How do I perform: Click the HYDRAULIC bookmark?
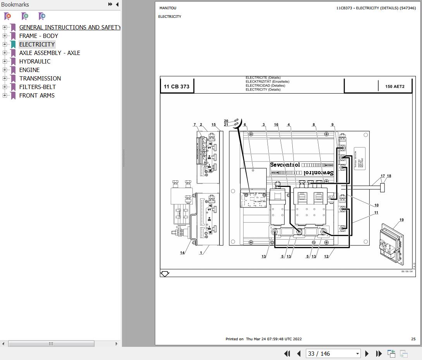pyautogui.click(x=35, y=61)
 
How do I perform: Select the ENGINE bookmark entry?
pyautogui.click(x=29, y=70)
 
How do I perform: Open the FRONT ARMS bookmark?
pyautogui.click(x=37, y=95)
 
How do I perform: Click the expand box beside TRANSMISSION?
pyautogui.click(x=5, y=78)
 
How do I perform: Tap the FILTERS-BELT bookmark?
pyautogui.click(x=38, y=87)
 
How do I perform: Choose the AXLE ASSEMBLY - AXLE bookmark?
pyautogui.click(x=50, y=53)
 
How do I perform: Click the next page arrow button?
pyautogui.click(x=367, y=353)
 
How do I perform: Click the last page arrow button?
pyautogui.click(x=379, y=353)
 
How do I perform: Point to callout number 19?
pyautogui.click(x=401, y=220)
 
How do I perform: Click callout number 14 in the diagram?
pyautogui.click(x=182, y=253)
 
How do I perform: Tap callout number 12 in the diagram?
pyautogui.click(x=326, y=256)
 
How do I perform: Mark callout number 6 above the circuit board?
pyautogui.click(x=245, y=125)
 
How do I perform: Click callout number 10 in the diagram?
pyautogui.click(x=376, y=205)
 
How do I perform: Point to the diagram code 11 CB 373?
pyautogui.click(x=177, y=86)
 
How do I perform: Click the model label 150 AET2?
pyautogui.click(x=395, y=87)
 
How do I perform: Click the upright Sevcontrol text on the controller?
pyautogui.click(x=285, y=165)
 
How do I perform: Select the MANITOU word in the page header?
pyautogui.click(x=168, y=8)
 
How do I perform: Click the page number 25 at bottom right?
pyautogui.click(x=413, y=339)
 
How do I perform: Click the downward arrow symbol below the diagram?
pyautogui.click(x=165, y=274)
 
